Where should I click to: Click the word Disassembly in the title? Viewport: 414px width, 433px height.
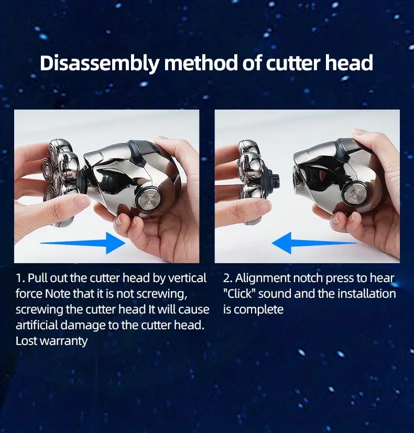click(99, 63)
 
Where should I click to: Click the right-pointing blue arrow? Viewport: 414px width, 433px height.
click(84, 242)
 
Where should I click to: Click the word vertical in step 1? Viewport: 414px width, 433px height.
click(187, 278)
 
